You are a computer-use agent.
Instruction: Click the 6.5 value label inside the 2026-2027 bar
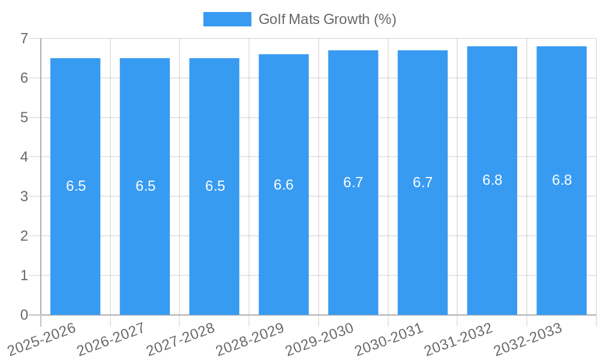pos(145,186)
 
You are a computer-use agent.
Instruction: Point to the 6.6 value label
pos(284,185)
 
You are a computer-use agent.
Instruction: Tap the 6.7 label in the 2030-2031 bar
pos(422,182)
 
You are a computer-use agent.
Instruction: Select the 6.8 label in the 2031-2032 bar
pos(492,180)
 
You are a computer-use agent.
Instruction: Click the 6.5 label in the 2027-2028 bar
pos(215,186)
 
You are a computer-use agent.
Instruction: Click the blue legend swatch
pos(227,19)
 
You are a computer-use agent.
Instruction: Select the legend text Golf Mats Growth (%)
pos(327,19)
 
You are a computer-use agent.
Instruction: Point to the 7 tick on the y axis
pos(24,38)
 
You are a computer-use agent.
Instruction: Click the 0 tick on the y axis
pos(24,315)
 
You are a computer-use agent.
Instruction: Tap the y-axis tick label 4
pos(24,157)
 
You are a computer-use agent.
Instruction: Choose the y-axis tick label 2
pos(24,236)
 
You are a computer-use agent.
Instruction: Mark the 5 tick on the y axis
pos(24,118)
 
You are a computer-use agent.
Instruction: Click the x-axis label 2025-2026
pos(43,339)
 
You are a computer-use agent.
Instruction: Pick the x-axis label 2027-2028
pos(182,339)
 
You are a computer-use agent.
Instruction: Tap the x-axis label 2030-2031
pos(390,339)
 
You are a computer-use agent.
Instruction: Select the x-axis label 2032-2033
pos(529,339)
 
